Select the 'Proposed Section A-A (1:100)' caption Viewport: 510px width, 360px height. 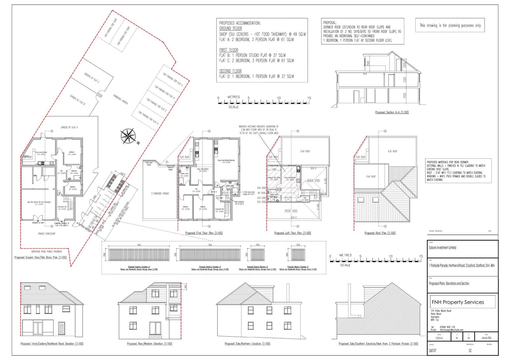pyautogui.click(x=392, y=112)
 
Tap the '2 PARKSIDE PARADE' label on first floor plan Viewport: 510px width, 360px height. pyautogui.click(x=160, y=193)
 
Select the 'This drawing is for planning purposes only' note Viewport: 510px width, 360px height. pyautogui.click(x=450, y=25)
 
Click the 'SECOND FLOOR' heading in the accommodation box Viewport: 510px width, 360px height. pyautogui.click(x=230, y=71)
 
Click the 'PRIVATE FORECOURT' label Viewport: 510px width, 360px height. pyautogui.click(x=45, y=234)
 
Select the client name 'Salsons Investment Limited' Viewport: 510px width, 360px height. pyautogui.click(x=442, y=248)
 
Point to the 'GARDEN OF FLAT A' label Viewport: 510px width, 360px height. pyautogui.click(x=69, y=127)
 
